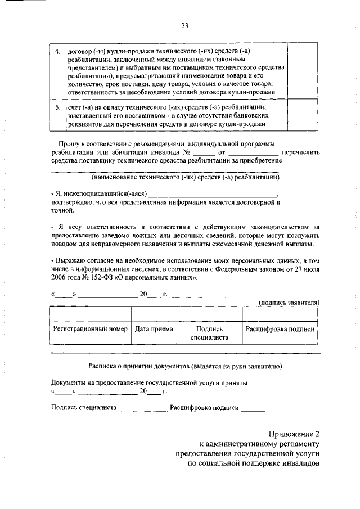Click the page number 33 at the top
[184, 25]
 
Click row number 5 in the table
[57, 106]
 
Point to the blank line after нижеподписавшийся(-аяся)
[213, 193]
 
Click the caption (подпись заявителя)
[289, 302]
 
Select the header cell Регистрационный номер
[90, 328]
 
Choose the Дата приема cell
[154, 328]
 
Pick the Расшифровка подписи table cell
[280, 328]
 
